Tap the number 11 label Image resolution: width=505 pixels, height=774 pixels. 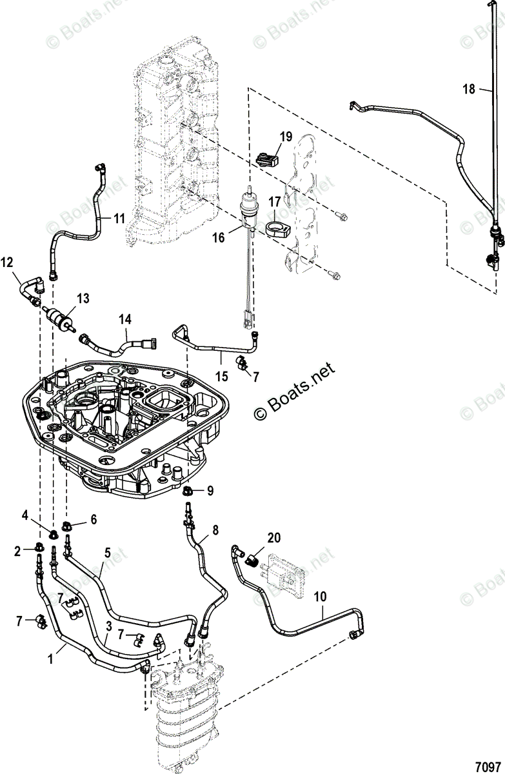coord(119,219)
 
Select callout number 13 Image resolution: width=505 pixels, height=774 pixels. coord(83,298)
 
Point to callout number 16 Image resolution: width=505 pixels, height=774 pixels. coord(219,237)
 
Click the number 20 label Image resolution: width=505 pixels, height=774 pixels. coord(274,537)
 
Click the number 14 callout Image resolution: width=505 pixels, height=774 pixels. coord(124,318)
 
